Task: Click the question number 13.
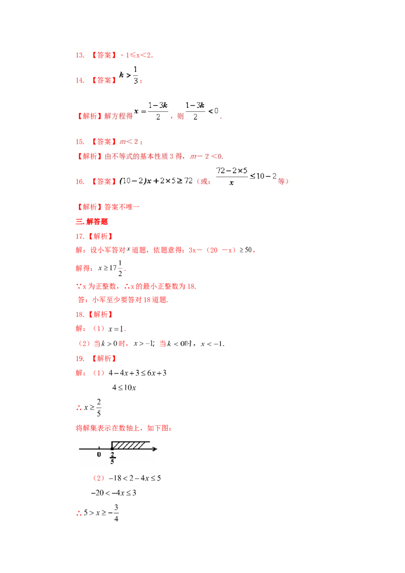tap(79, 55)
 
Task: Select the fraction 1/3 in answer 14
tap(136, 75)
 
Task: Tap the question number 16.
tap(79, 182)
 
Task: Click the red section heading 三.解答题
tap(92, 221)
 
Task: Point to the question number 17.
tap(79, 236)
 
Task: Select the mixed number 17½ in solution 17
tap(115, 268)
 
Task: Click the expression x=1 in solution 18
tap(116, 329)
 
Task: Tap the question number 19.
tap(79, 358)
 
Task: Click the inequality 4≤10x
tap(124, 387)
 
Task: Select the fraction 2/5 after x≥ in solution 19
tap(99, 407)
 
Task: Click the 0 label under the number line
tap(99, 455)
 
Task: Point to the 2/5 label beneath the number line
tap(112, 458)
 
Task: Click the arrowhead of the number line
tap(155, 449)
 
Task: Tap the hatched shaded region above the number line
tap(130, 445)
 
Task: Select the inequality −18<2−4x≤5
tap(135, 478)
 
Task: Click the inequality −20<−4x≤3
tap(114, 493)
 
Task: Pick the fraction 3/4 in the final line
tap(116, 513)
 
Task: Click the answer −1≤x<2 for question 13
tap(136, 55)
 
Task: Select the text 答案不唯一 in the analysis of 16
tap(122, 207)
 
